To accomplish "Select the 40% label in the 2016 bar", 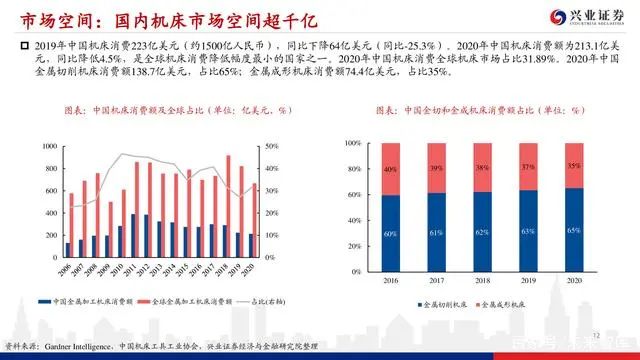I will tap(390, 170).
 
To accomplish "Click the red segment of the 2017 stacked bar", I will tap(436, 167).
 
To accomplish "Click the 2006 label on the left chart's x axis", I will tap(65, 271).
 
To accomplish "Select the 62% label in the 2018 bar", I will tap(483, 233).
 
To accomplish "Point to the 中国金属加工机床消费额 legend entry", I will tap(95, 301).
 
